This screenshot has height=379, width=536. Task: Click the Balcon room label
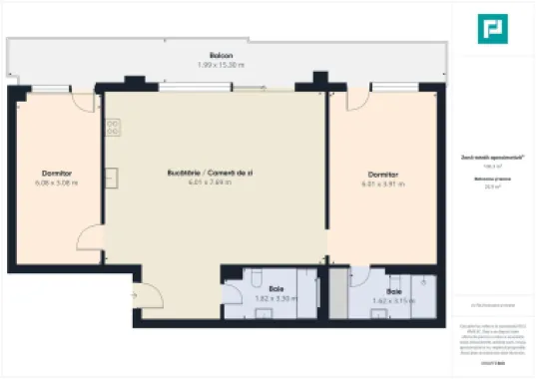coord(222,55)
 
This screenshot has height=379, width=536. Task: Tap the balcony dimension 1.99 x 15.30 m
coord(222,65)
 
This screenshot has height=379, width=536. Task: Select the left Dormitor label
coord(56,173)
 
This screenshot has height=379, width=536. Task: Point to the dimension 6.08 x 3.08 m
coord(56,183)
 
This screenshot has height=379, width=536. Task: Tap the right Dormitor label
coord(381,173)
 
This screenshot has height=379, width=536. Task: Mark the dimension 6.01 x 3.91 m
coord(381,183)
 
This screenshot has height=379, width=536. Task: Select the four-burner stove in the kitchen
coord(114,128)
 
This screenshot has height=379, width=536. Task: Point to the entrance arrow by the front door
coord(133,296)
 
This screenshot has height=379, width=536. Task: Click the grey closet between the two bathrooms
coord(336,294)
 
